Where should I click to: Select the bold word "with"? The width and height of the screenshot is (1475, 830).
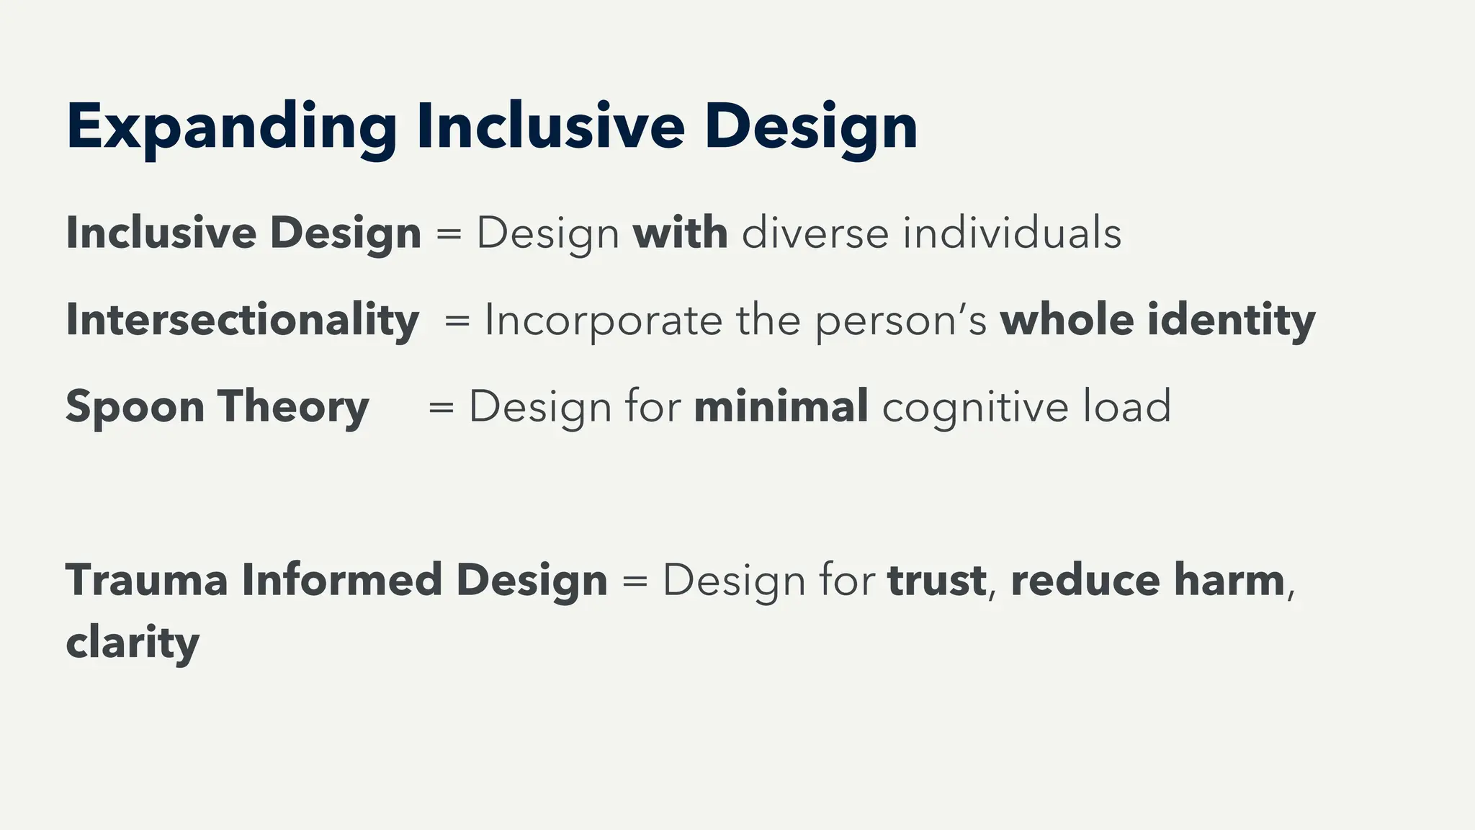pyautogui.click(x=680, y=233)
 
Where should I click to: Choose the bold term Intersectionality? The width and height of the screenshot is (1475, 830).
pyautogui.click(x=242, y=320)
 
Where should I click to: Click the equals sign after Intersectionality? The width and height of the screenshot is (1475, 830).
pyautogui.click(x=457, y=321)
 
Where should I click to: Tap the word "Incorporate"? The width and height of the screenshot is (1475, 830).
pyautogui.click(x=603, y=321)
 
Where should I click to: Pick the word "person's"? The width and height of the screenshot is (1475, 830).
pyautogui.click(x=900, y=321)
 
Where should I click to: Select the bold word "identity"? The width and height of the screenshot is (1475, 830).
pyautogui.click(x=1231, y=321)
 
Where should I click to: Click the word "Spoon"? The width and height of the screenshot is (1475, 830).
pyautogui.click(x=135, y=408)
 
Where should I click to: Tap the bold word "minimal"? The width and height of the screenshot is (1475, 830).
pyautogui.click(x=781, y=406)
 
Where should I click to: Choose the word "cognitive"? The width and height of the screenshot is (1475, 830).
pyautogui.click(x=975, y=408)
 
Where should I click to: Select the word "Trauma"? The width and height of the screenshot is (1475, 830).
pyautogui.click(x=147, y=580)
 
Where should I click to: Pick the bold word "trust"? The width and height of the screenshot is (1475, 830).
pyautogui.click(x=936, y=581)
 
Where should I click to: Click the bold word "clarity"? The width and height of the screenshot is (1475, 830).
pyautogui.click(x=133, y=643)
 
